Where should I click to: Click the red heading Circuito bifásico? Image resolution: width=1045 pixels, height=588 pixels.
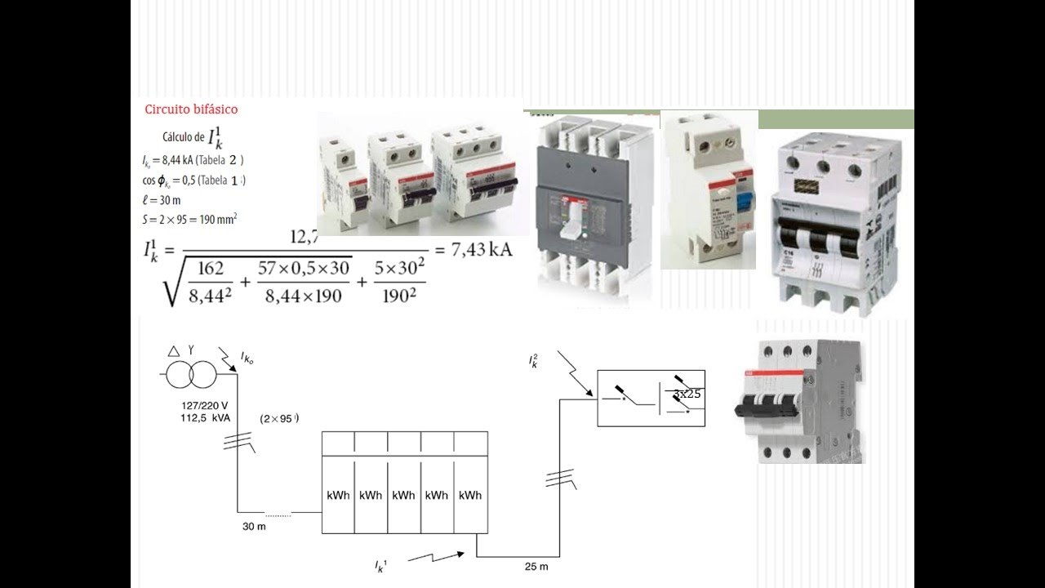click(191, 109)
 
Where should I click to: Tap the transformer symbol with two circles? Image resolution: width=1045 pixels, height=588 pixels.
click(191, 376)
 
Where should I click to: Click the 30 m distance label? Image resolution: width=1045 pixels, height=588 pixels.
click(255, 526)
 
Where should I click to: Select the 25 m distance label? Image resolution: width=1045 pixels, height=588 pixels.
click(536, 566)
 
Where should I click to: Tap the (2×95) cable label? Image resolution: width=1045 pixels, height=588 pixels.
click(279, 418)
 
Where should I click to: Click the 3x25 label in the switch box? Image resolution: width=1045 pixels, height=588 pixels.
click(687, 394)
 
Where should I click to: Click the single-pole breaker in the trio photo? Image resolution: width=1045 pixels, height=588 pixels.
click(339, 178)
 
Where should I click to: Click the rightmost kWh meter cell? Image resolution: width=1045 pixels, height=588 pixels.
click(469, 495)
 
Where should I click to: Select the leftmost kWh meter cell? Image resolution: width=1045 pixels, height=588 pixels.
click(338, 495)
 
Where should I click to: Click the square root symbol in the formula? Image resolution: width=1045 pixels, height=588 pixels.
click(173, 282)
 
